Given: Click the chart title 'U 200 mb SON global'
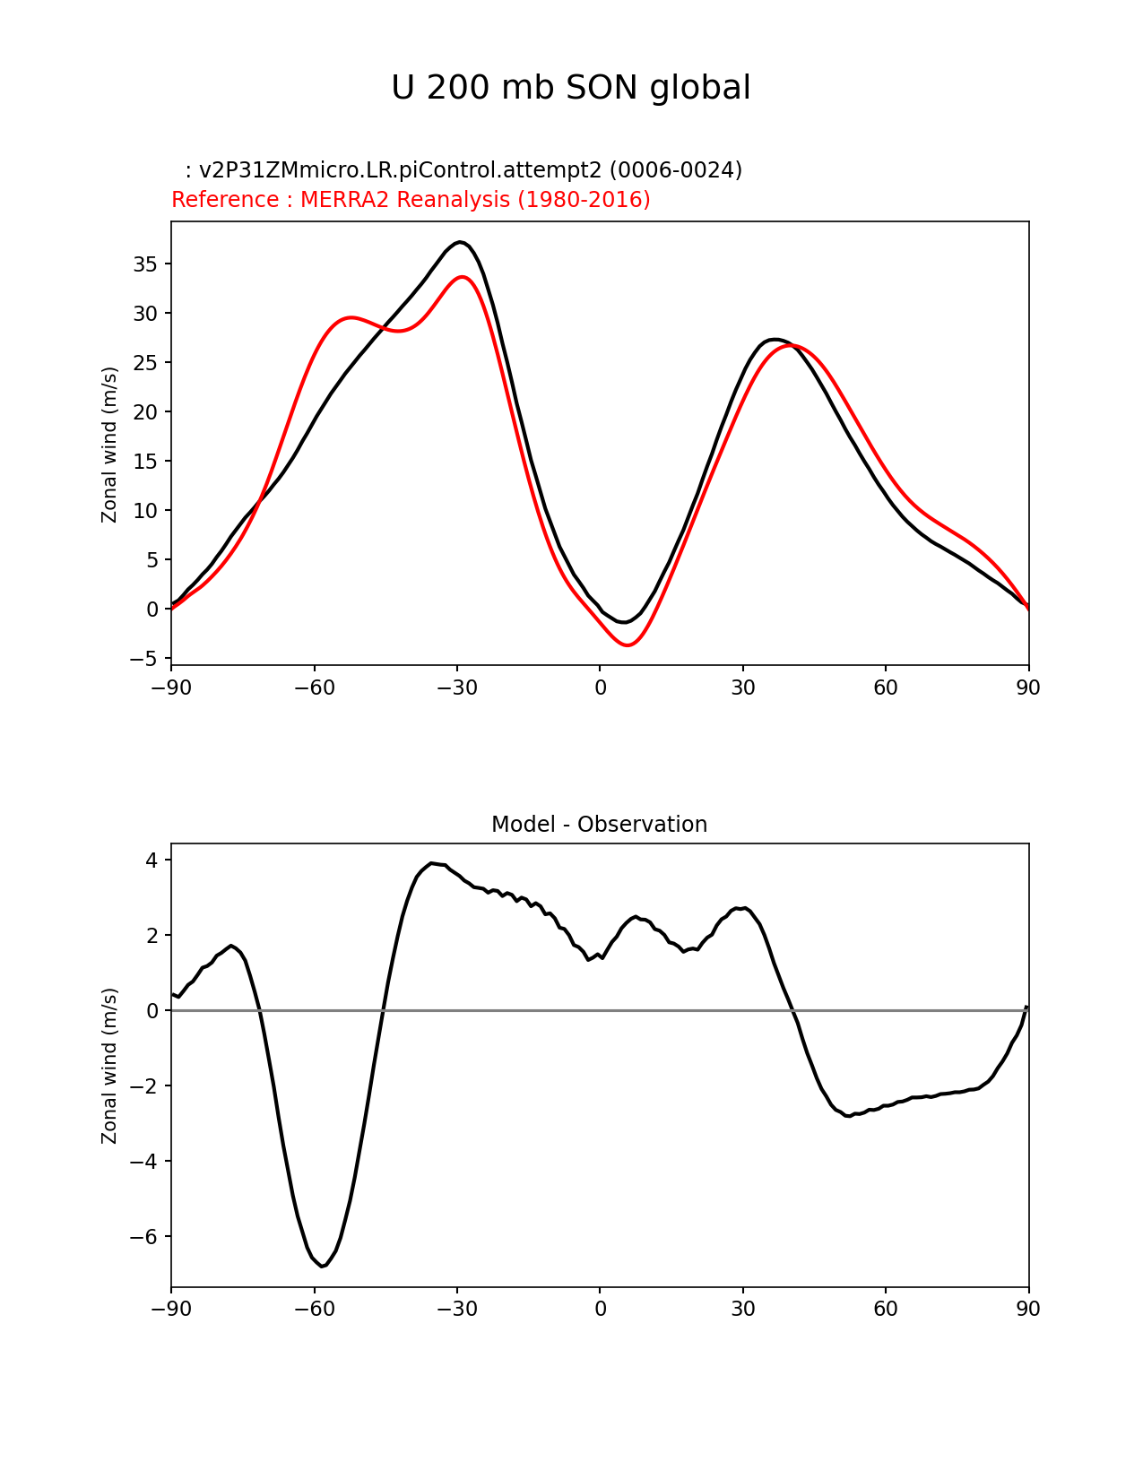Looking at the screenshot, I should click(571, 88).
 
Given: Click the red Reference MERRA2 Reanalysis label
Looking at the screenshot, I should click(411, 200).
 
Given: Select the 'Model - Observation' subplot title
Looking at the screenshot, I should click(599, 825).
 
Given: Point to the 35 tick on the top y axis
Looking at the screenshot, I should click(146, 264).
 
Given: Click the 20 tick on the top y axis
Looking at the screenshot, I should click(146, 412).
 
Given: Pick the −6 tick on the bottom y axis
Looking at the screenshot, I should click(143, 1237).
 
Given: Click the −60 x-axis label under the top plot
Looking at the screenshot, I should click(314, 688).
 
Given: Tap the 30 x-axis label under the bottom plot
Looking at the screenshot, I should click(742, 1309).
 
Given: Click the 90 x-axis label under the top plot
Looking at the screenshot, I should click(1028, 688).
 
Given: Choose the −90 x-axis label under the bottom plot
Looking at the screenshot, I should click(171, 1309).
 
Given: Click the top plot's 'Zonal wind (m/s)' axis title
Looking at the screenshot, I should click(109, 444).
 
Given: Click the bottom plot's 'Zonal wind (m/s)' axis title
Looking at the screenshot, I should click(109, 1066).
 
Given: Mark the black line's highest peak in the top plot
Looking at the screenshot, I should click(459, 242).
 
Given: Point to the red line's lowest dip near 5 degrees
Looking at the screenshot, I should click(628, 645).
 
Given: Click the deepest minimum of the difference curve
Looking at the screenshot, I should click(322, 1266).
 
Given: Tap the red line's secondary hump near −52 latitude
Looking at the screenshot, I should click(351, 317).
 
